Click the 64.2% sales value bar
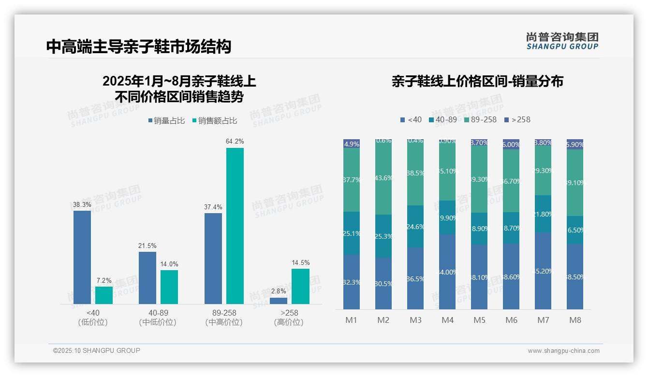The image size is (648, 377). (x=235, y=226)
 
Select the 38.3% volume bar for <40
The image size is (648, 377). (x=82, y=257)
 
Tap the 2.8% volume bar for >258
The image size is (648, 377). (x=279, y=301)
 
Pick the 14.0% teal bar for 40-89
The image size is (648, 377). (x=169, y=287)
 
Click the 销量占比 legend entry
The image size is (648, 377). (x=166, y=121)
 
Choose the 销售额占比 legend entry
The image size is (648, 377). (x=215, y=121)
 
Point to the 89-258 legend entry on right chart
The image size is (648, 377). (x=480, y=119)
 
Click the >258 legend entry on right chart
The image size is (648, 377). (x=517, y=119)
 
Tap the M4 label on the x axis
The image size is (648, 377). (x=447, y=320)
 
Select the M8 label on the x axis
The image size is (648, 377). (x=575, y=320)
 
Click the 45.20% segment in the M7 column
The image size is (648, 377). (x=543, y=271)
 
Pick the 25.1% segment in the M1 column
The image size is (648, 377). (x=352, y=233)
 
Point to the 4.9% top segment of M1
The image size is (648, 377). (x=352, y=144)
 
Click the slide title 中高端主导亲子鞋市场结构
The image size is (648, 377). (x=139, y=46)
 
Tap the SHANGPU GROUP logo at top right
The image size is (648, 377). (x=562, y=41)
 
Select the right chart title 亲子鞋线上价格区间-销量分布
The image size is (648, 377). (x=477, y=81)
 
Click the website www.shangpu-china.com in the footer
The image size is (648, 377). (x=563, y=351)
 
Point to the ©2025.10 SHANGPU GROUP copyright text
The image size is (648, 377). (x=97, y=350)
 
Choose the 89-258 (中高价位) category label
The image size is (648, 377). (x=224, y=318)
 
